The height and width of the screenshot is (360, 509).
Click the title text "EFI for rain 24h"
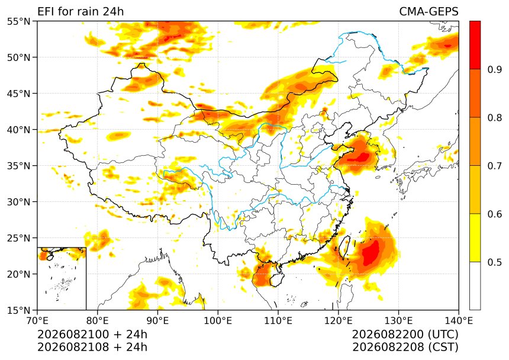click(80, 12)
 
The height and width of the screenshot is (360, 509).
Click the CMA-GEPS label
click(429, 12)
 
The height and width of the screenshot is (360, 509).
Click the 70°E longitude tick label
click(37, 321)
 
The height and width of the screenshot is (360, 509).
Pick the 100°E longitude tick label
click(218, 321)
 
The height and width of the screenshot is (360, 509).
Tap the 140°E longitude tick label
click(459, 321)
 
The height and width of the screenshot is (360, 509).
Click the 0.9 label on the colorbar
click(495, 69)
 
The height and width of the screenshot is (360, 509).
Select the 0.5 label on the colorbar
click(495, 262)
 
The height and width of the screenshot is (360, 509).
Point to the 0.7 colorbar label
click(495, 166)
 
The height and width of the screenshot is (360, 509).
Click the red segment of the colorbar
click(475, 45)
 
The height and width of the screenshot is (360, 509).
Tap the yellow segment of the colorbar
click(475, 237)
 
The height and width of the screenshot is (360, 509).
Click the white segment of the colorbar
click(475, 286)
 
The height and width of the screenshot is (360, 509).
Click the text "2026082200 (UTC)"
click(405, 334)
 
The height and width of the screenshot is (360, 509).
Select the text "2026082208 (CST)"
click(405, 347)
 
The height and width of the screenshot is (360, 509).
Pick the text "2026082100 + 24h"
click(92, 334)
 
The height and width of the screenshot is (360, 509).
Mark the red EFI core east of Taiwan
click(371, 252)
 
